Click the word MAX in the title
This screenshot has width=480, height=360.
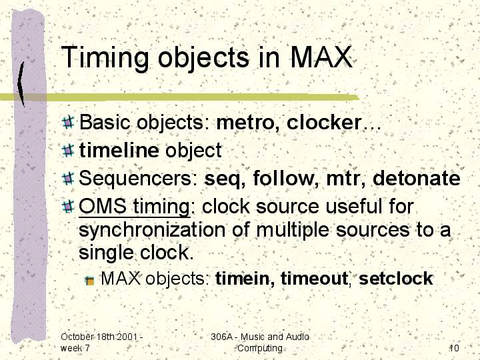[321, 57]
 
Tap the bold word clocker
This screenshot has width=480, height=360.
[325, 122]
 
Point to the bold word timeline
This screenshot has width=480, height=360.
[119, 150]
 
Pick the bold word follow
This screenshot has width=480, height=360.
[286, 177]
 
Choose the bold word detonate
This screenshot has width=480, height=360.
[416, 177]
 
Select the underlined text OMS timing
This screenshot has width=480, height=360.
[135, 206]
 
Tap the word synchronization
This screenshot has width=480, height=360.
[152, 230]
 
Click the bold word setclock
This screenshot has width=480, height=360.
[396, 278]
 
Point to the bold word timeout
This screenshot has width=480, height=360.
[315, 279]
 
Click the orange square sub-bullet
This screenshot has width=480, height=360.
[90, 280]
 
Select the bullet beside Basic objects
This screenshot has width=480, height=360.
[68, 122]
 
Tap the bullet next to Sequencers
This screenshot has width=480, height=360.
[68, 178]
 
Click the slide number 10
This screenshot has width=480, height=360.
[454, 348]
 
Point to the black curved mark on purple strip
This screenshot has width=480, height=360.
[21, 84]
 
